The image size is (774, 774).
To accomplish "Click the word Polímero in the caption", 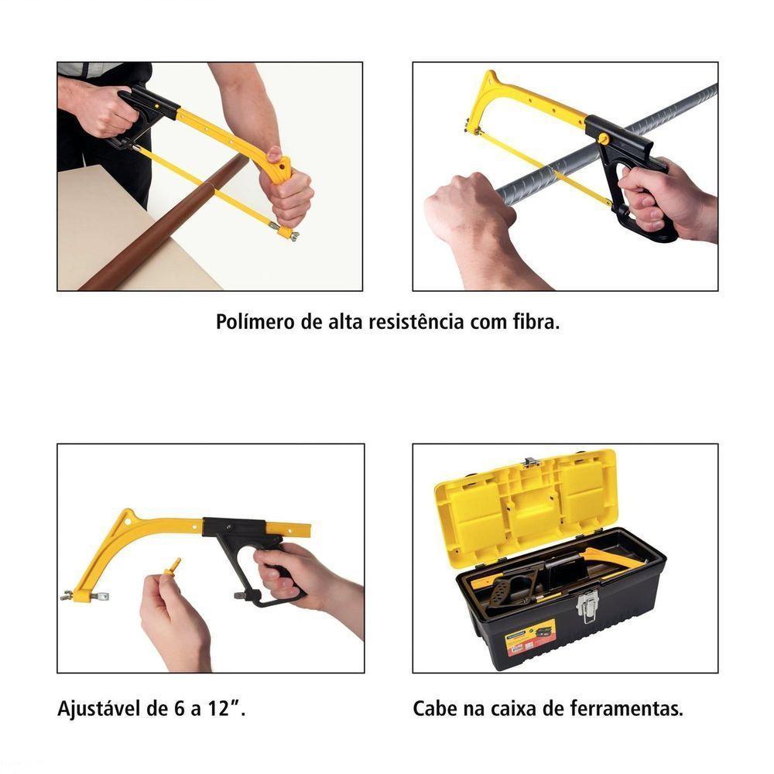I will [252, 323].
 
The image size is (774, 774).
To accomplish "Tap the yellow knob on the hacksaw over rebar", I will [604, 139].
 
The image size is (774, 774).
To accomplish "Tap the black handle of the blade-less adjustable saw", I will [248, 553].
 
